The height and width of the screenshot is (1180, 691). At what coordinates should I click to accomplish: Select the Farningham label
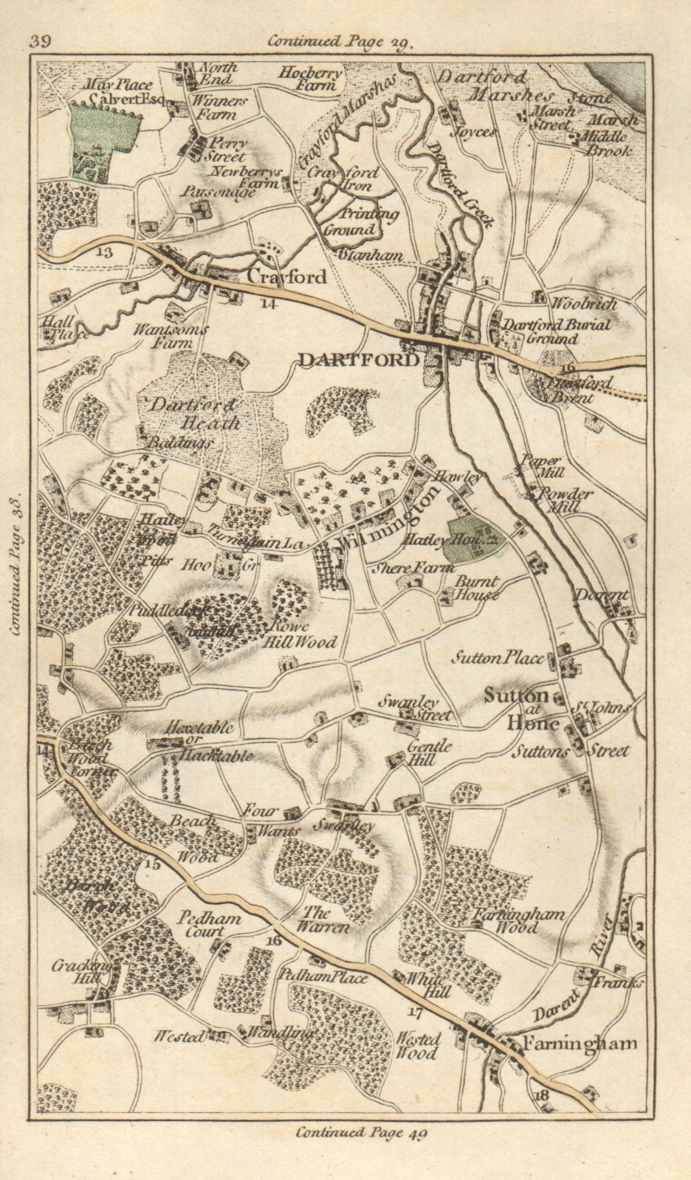(x=580, y=1043)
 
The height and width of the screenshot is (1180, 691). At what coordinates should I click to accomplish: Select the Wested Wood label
(x=419, y=1045)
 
